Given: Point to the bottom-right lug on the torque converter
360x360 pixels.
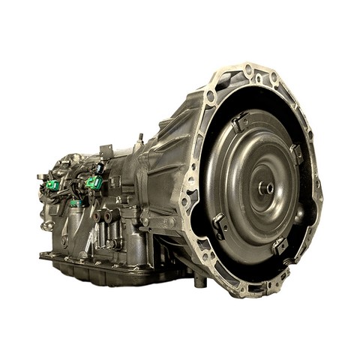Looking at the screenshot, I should point(279,244).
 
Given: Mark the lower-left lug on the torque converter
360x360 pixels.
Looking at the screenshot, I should point(218,223).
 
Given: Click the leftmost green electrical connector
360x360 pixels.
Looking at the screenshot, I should point(52,184).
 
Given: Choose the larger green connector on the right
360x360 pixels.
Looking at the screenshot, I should point(94,182).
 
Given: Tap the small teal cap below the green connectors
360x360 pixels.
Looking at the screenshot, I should point(74,202).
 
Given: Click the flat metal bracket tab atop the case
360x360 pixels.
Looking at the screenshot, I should point(106,150).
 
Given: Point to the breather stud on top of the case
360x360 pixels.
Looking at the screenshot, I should point(139,139).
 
